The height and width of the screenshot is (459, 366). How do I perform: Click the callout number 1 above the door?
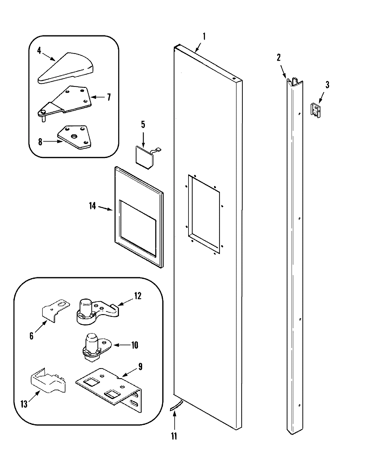point(204,37)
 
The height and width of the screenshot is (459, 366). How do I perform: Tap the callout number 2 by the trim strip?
point(278,57)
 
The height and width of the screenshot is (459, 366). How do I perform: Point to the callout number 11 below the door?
point(174,436)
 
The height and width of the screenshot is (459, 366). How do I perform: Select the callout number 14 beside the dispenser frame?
point(92,206)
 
